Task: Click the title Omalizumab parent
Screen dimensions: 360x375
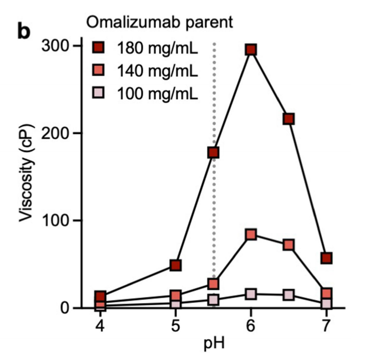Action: [159, 22]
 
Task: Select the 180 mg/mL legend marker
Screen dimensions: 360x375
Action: [98, 49]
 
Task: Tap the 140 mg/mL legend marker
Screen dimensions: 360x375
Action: [98, 72]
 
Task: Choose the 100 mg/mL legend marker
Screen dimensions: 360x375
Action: [98, 94]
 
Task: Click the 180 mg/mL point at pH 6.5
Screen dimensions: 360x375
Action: [289, 119]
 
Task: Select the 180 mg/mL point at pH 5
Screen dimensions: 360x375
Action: [176, 265]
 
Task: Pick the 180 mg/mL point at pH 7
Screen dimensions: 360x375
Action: [326, 258]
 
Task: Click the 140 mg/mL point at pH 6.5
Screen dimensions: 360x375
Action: [289, 245]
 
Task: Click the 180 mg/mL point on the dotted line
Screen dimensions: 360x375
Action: [213, 152]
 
